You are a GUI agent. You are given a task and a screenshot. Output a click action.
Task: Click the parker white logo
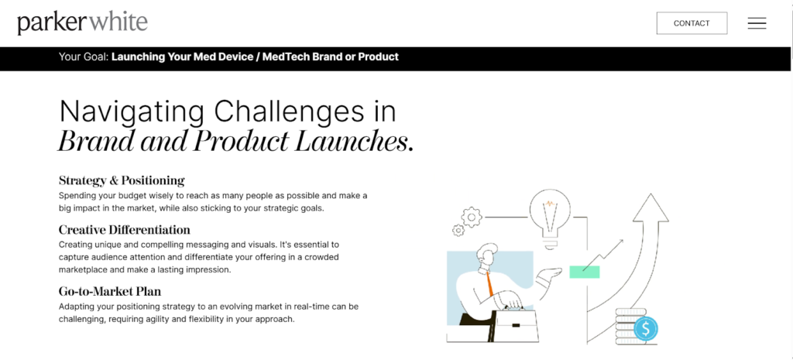[82, 22]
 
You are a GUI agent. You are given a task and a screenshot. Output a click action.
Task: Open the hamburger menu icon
[757, 23]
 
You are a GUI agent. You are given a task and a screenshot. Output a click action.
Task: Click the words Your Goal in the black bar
[84, 57]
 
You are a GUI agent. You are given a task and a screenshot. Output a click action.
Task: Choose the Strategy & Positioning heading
[122, 180]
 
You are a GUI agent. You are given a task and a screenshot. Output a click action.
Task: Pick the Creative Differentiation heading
[125, 230]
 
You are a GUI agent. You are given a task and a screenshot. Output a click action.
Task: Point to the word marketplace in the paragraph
[83, 270]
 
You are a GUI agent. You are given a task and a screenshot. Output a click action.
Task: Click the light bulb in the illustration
[551, 218]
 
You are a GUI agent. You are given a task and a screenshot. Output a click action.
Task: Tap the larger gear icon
[472, 218]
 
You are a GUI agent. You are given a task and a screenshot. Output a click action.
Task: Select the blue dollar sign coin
[645, 329]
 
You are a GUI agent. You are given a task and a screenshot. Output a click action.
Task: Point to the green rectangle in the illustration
[585, 272]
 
